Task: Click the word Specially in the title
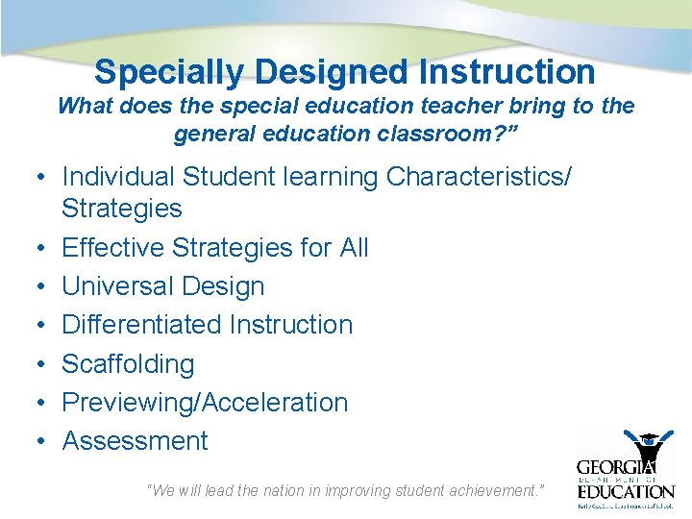click(169, 72)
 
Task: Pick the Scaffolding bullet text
click(128, 364)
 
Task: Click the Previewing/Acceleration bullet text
click(205, 403)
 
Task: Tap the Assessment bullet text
click(135, 441)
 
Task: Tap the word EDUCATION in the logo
click(626, 491)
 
